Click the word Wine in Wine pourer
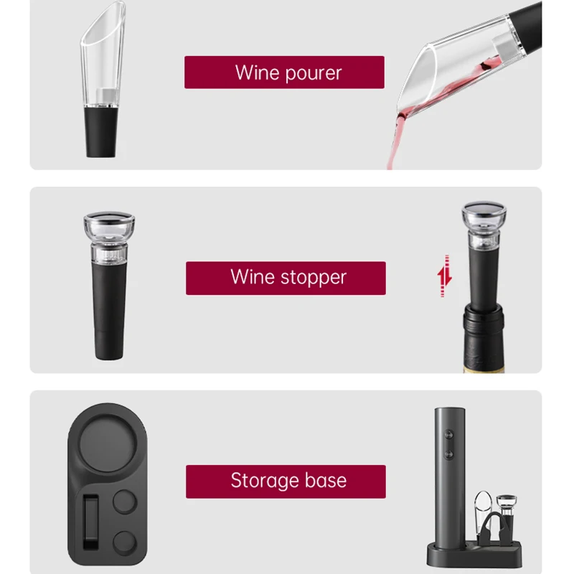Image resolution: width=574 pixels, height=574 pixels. [257, 72]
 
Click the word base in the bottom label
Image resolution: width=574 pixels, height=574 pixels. [325, 481]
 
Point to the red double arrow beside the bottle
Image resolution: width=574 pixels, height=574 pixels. [445, 276]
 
